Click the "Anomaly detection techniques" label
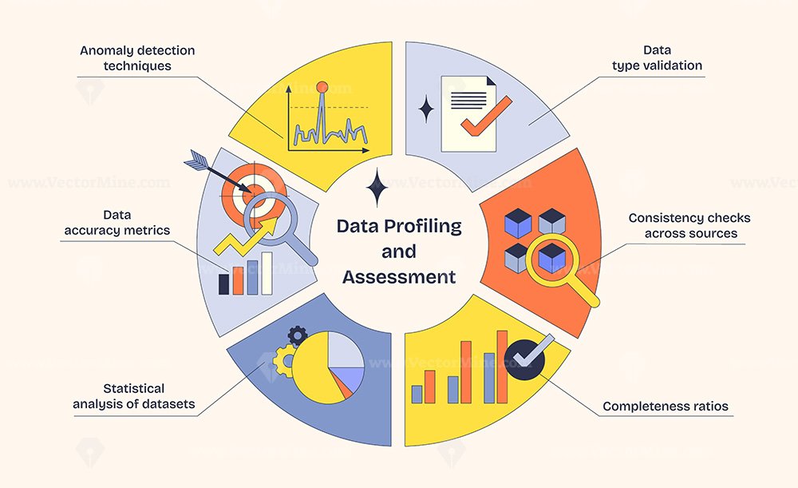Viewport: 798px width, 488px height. (137, 58)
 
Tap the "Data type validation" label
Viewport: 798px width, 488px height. (657, 58)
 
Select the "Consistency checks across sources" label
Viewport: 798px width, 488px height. (689, 226)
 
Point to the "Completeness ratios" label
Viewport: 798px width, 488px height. (666, 407)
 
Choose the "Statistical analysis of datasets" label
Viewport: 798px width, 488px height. (134, 396)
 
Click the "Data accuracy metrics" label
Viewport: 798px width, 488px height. (117, 223)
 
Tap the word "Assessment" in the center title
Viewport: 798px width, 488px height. (399, 277)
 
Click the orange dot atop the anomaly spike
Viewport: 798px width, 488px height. (322, 87)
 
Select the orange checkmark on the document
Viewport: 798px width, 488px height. (486, 116)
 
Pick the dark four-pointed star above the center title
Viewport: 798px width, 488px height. (377, 187)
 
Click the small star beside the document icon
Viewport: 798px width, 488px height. (426, 109)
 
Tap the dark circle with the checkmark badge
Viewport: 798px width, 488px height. (525, 360)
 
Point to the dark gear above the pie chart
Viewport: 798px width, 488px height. (298, 336)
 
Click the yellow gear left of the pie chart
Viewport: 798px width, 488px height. (284, 361)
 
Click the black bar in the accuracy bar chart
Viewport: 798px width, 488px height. (224, 284)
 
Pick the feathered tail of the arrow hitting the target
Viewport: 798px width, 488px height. (195, 160)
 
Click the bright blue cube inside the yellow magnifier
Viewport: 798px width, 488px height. (551, 258)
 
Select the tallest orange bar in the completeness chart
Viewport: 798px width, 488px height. (502, 367)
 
